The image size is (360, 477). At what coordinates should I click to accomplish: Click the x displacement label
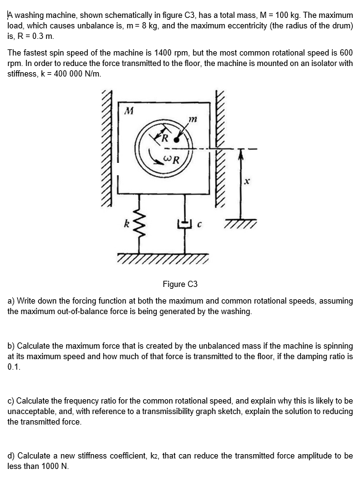(x=246, y=182)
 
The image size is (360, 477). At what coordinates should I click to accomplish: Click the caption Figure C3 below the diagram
(x=180, y=284)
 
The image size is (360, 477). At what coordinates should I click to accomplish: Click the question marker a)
(x=11, y=301)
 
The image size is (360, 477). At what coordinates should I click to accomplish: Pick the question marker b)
(x=11, y=346)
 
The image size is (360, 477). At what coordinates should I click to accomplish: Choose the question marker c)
(x=11, y=401)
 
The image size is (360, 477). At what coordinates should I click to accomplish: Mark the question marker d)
(x=11, y=456)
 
